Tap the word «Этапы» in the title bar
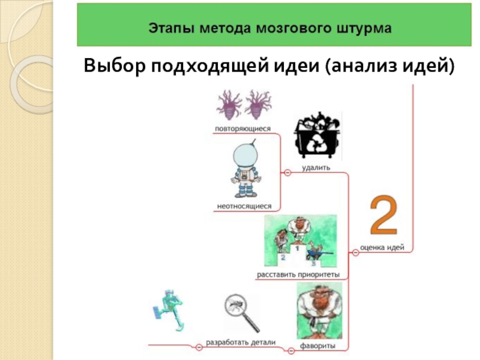[x=166, y=28]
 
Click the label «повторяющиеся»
[x=243, y=128]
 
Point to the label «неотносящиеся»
[x=244, y=206]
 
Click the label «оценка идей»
[x=385, y=247]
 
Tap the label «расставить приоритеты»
[x=298, y=275]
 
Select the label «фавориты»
[x=317, y=346]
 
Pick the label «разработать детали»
[x=241, y=342]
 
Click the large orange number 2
[x=382, y=215]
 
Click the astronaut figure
[x=244, y=169]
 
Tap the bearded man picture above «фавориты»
[x=319, y=311]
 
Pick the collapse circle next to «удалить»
[x=287, y=173]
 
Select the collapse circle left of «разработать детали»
[x=197, y=347]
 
